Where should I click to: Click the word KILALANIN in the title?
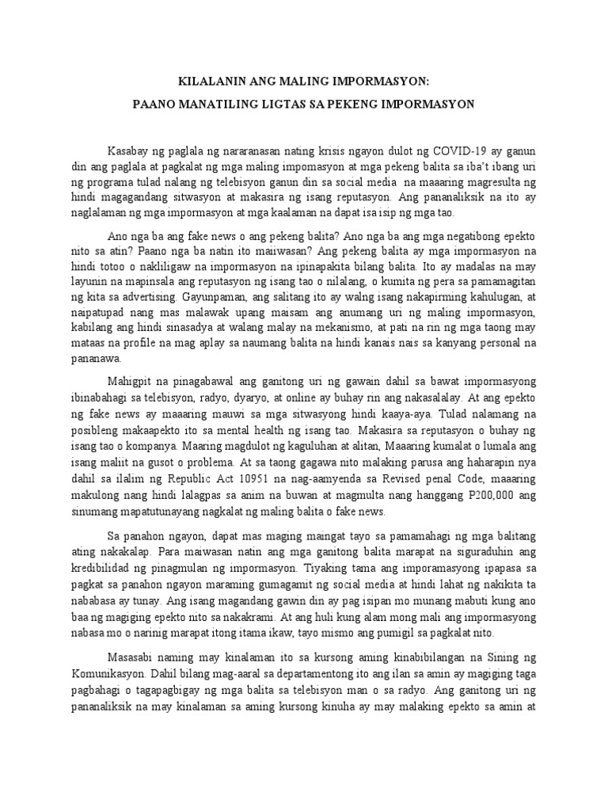210,80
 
